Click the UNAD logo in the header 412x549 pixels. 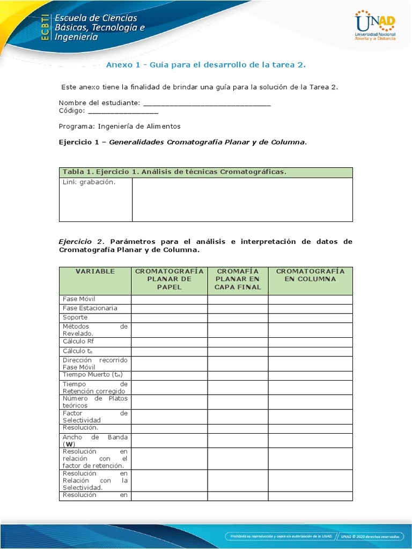point(375,26)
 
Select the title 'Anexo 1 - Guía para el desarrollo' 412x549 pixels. point(205,65)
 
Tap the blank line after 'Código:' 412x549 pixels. point(122,111)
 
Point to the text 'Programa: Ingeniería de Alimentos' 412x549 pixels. point(120,127)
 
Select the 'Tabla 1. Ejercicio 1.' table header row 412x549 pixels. point(205,172)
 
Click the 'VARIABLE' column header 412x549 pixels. point(95,271)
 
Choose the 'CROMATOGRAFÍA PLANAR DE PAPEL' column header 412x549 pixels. point(169,279)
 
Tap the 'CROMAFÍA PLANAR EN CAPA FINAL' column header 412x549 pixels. point(238,279)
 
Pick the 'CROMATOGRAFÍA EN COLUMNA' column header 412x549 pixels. point(310,275)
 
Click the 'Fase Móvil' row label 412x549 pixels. point(79,299)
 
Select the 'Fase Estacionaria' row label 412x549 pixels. point(90,308)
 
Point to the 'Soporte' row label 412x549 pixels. point(75,317)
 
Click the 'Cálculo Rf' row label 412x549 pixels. point(78,342)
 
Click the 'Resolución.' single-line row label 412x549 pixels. point(80,428)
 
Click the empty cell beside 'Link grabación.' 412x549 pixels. point(242,199)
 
